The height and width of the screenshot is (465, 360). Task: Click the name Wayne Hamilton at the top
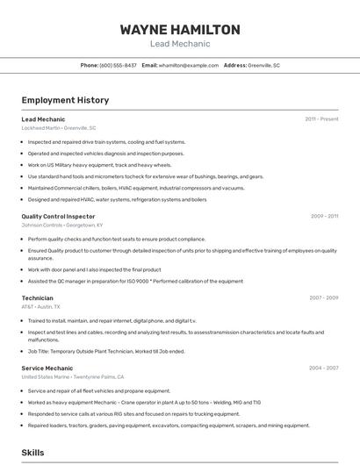(180, 30)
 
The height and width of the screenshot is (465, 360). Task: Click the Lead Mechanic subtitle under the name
(180, 43)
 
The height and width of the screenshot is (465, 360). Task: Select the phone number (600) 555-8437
(119, 65)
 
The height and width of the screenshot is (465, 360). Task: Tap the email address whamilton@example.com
(188, 65)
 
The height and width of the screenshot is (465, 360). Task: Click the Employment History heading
(65, 100)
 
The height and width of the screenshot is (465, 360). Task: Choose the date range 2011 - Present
(321, 118)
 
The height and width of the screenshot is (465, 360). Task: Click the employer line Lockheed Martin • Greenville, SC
(59, 128)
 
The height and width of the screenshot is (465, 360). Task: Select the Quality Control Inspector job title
(58, 216)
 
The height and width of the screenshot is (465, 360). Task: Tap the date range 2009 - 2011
(324, 216)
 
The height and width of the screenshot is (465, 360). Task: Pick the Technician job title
(37, 297)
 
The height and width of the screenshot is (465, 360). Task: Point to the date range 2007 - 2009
(324, 297)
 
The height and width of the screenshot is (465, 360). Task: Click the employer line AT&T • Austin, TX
(41, 307)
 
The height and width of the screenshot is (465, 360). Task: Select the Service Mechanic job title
(47, 368)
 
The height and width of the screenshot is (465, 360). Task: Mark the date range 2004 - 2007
(324, 368)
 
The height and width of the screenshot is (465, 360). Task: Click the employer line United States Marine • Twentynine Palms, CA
(79, 377)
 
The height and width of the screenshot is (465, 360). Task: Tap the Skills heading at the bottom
(33, 453)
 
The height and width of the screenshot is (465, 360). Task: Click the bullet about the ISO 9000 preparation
(135, 282)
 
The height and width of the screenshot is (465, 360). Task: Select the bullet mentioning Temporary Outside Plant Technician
(106, 351)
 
